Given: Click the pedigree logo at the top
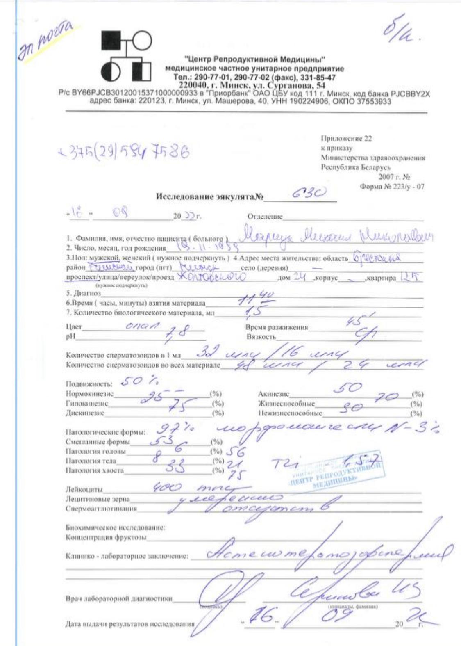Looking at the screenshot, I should coord(126,56).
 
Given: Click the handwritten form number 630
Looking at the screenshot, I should coord(309,193).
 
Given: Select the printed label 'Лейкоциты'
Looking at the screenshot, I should coord(84,489).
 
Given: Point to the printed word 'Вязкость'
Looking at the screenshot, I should coord(261,337).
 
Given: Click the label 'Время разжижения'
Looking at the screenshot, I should coord(277,327).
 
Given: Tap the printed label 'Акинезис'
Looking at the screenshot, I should coord(273,394).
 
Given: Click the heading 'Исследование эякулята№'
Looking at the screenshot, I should coord(209,196).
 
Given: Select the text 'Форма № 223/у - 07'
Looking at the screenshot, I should coord(392,187).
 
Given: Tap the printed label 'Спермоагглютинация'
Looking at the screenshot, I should coord(101,509).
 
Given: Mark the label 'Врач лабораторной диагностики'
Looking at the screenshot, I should coord(119,598).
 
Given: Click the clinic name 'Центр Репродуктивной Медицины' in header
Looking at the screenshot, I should coord(254,60).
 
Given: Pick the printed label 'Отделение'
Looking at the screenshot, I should coord(265,216).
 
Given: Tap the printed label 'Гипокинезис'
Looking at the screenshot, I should coord(87,404).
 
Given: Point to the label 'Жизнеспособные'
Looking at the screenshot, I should coord(286,404).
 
